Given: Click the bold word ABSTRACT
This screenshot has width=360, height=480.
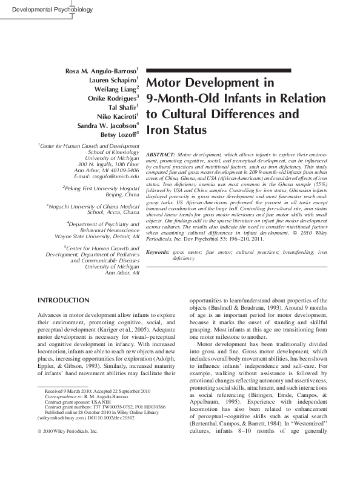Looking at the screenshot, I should tap(161, 156).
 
